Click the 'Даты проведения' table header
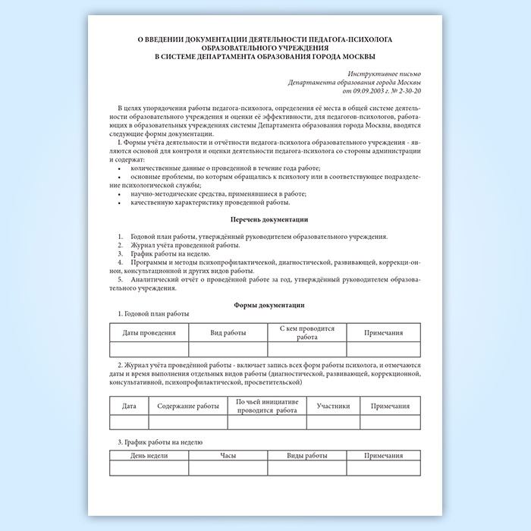point(149,332)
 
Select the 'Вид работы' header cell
point(228,332)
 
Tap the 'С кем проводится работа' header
point(306,332)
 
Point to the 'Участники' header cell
point(333,406)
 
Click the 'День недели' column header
point(149,455)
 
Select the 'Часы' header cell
point(228,455)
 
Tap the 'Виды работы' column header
point(306,455)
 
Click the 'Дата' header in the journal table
point(129,406)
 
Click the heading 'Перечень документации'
point(265,220)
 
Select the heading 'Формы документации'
point(265,305)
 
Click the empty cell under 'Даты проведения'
point(149,349)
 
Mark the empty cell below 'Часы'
point(228,468)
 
